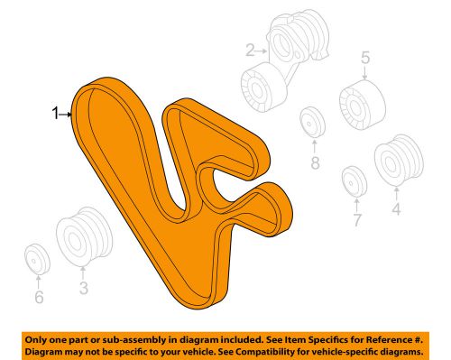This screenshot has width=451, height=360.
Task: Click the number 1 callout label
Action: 56,114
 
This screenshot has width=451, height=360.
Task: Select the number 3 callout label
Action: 82,289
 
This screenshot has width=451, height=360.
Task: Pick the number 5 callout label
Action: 365,60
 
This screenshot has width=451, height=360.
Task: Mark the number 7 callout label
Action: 356,219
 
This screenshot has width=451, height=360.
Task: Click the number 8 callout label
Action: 315,163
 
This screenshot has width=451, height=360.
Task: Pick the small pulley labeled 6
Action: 38,258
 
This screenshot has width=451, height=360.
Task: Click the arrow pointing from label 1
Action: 68,114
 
